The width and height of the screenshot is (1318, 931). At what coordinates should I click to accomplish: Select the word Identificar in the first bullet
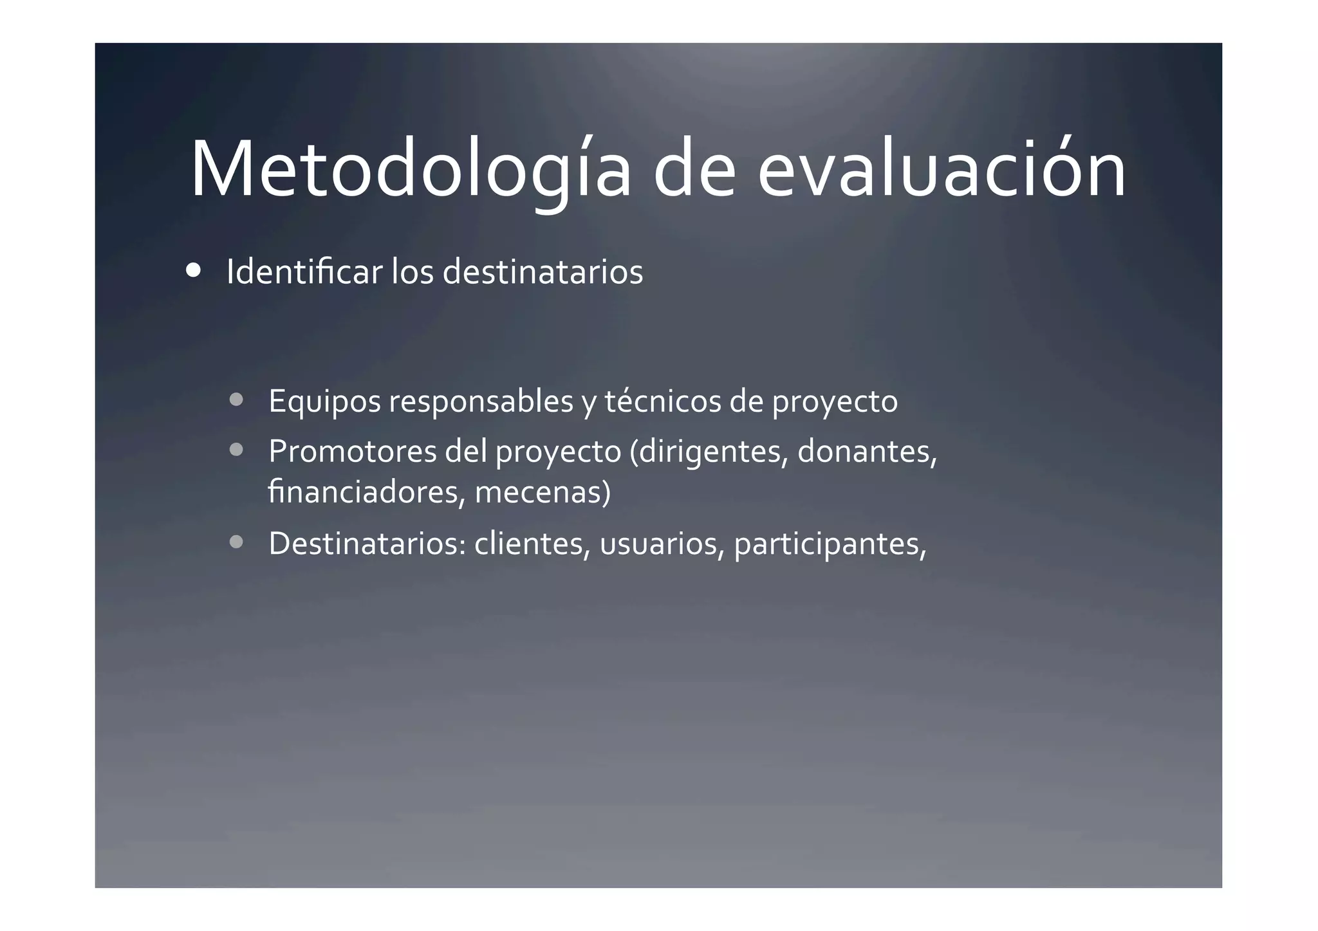click(x=304, y=272)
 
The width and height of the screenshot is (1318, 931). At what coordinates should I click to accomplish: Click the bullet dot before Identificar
click(x=192, y=271)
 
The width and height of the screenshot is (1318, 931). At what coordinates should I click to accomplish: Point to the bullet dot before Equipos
click(x=236, y=400)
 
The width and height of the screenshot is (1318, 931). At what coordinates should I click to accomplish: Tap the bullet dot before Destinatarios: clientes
click(x=236, y=542)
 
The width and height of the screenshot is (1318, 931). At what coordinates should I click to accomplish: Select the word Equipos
click(x=324, y=402)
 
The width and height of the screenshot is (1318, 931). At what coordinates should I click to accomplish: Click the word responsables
click(x=481, y=402)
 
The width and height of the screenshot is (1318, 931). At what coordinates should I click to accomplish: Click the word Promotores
click(x=352, y=451)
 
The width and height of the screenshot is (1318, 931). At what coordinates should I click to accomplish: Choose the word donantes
click(x=866, y=451)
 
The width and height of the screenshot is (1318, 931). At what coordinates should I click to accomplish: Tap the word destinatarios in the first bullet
click(x=543, y=272)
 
